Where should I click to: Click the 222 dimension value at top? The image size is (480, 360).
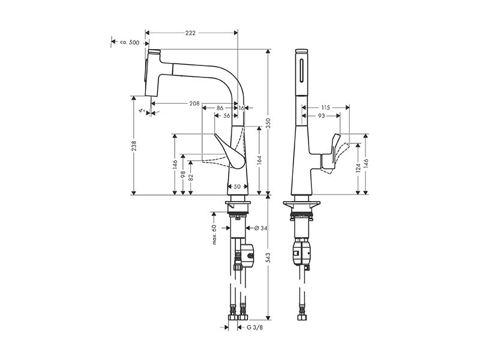(190, 33)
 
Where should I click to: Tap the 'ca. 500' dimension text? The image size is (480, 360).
(130, 43)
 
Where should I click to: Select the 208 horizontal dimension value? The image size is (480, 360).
(194, 103)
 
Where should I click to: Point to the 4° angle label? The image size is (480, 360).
(142, 110)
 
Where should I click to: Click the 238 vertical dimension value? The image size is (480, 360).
(134, 146)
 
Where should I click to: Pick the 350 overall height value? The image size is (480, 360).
(268, 123)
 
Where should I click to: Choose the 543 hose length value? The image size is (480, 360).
(268, 258)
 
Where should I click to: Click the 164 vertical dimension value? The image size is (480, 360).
(259, 160)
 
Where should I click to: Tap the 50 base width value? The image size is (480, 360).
(237, 186)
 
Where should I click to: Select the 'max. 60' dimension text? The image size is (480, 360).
(214, 234)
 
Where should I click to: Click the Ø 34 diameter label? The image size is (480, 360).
(261, 228)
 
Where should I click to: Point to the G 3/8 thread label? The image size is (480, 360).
(254, 328)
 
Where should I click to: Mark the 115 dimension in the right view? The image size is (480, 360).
(326, 107)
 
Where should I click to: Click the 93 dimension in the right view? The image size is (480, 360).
(321, 116)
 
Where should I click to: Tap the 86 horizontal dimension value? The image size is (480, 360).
(220, 108)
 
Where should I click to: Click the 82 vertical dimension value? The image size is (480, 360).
(191, 178)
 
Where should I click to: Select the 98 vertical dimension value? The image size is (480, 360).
(183, 174)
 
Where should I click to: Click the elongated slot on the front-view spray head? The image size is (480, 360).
(302, 71)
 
